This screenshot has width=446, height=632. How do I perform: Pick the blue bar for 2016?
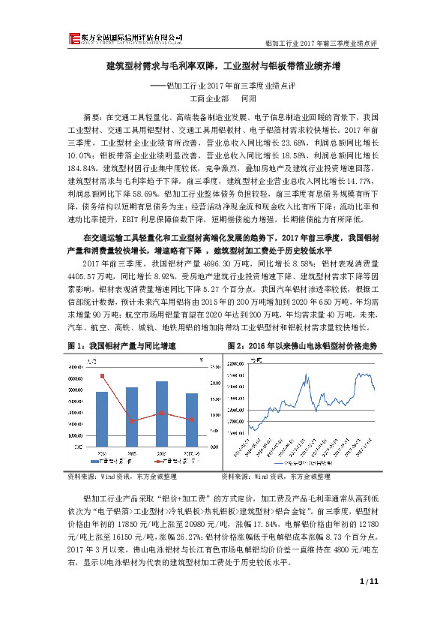(161, 415)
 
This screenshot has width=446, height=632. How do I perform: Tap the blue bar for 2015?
(131, 418)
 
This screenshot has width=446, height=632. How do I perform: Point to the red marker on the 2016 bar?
(161, 413)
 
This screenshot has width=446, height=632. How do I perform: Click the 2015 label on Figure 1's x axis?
(131, 453)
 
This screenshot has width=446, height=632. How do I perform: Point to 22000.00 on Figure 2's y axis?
(235, 373)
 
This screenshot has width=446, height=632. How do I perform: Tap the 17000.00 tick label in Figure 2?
(235, 398)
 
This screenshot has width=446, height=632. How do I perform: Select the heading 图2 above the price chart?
(300, 345)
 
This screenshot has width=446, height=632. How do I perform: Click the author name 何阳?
(248, 98)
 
